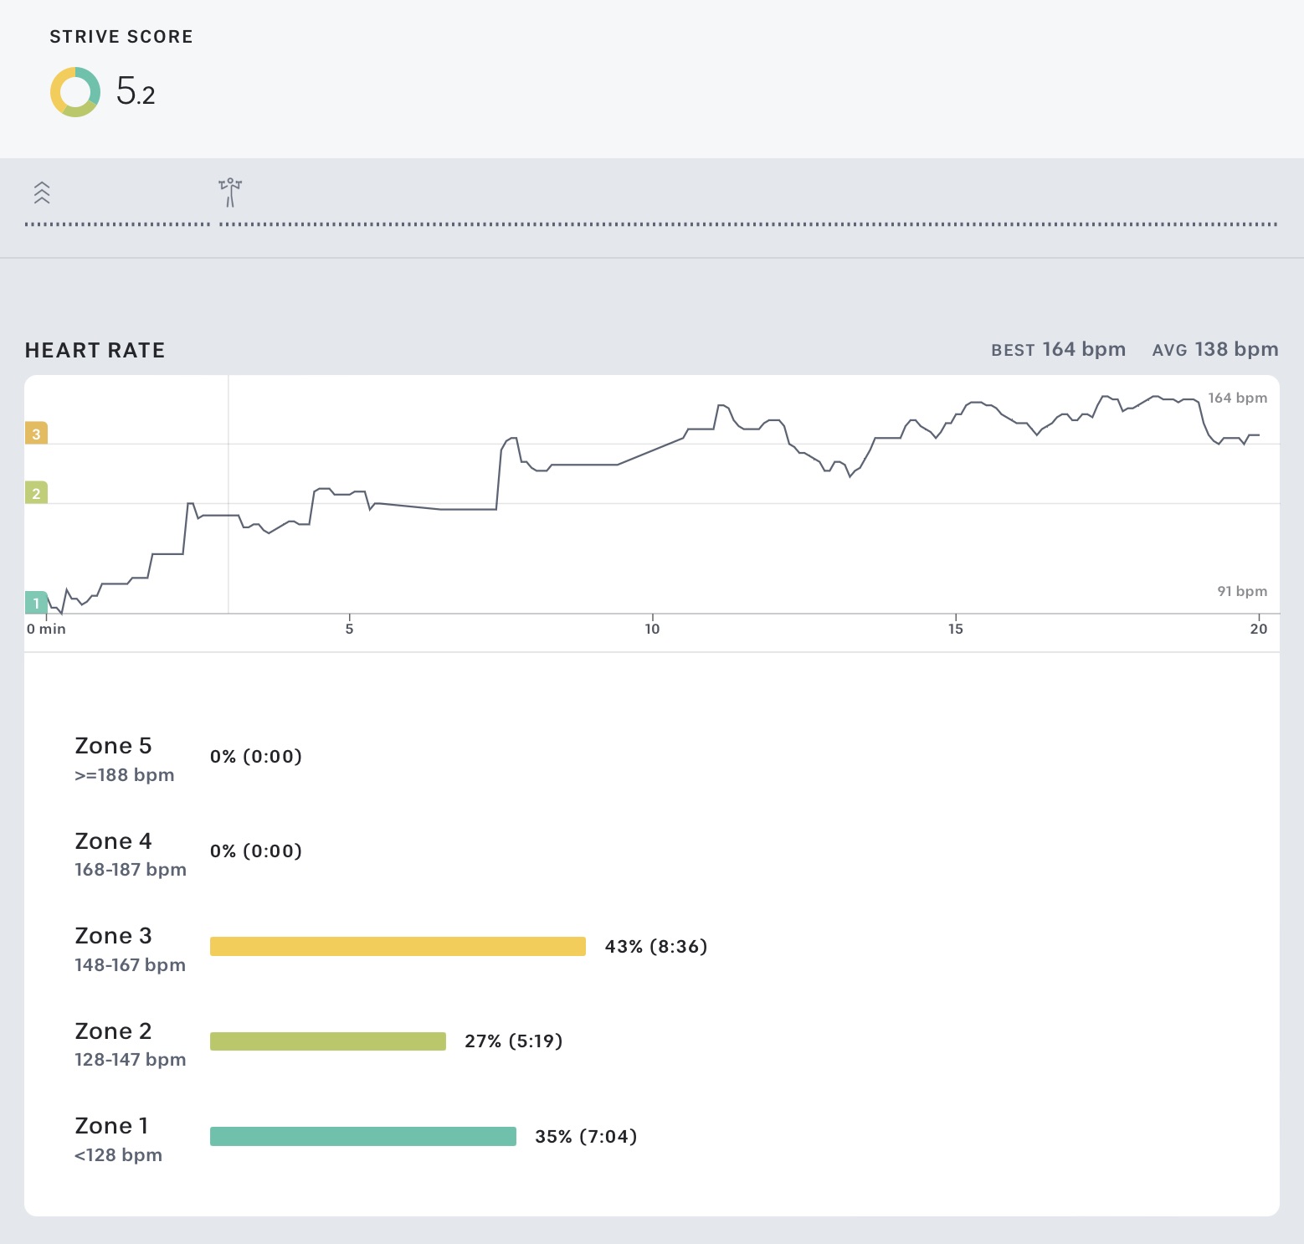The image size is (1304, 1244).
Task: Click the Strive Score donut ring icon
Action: pos(75,92)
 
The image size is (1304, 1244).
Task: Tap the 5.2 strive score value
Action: pos(136,91)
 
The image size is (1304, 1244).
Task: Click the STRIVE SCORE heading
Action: pos(121,37)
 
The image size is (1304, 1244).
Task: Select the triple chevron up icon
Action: pos(42,193)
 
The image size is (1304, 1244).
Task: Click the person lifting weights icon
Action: pos(230,192)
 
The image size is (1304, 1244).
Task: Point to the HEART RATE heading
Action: pos(95,350)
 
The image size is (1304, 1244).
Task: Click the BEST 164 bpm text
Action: pos(1058,349)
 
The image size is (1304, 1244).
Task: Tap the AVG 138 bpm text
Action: pos(1214,349)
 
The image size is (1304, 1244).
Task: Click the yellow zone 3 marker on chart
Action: pos(36,434)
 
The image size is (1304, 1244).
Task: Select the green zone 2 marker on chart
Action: pos(36,493)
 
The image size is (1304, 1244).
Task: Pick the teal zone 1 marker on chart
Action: pos(36,603)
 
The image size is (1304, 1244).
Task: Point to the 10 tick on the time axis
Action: pos(652,629)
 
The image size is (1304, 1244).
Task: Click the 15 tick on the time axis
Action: pos(956,629)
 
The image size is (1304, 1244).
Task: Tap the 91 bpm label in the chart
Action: pos(1241,591)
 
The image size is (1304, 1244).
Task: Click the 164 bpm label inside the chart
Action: pos(1237,398)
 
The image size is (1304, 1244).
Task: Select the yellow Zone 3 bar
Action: pos(398,946)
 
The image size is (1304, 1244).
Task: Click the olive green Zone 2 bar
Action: pos(327,1041)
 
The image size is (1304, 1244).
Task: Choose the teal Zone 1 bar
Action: pos(362,1136)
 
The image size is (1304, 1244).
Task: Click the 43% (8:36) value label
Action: pos(655,946)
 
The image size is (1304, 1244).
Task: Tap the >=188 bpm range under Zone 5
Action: pos(125,775)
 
